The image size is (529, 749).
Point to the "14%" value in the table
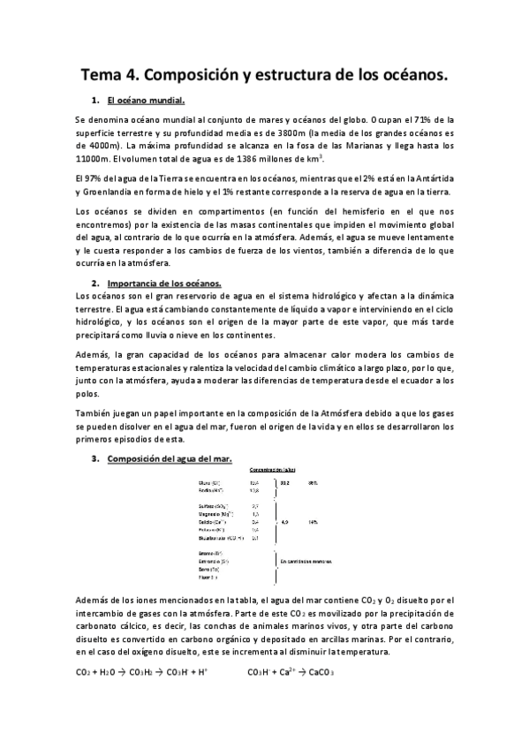click(x=313, y=522)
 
